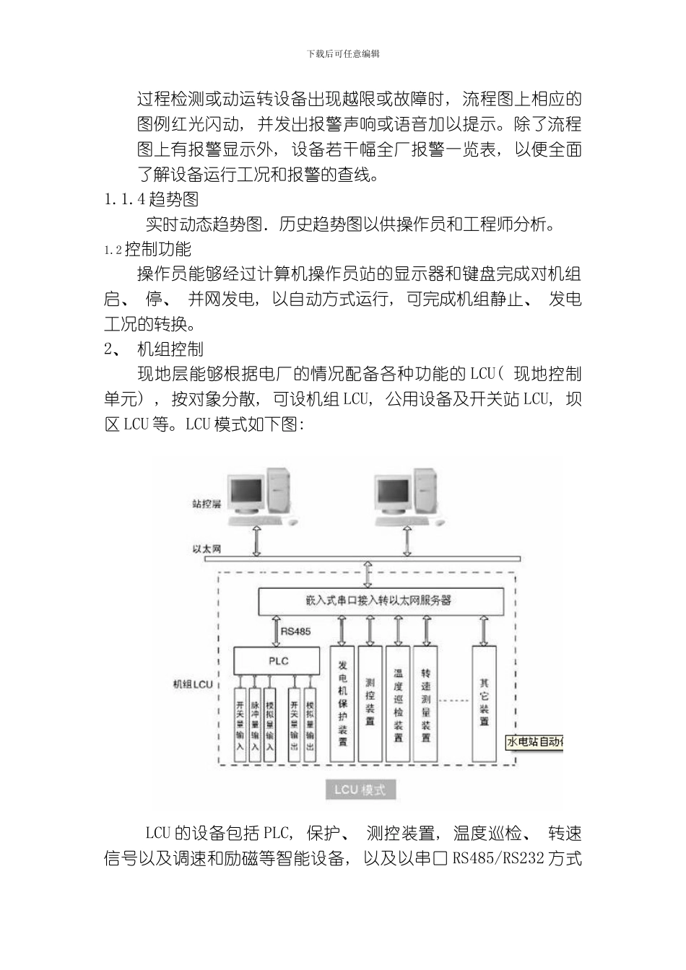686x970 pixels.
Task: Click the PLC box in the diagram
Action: coord(278,661)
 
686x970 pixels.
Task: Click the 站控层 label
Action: coord(206,504)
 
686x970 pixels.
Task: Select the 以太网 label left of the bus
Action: coord(207,549)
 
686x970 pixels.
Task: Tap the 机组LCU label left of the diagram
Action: coord(193,683)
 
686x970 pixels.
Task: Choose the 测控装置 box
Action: coord(370,703)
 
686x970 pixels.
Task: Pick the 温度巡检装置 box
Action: coord(398,703)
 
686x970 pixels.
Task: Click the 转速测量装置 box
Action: coord(425,703)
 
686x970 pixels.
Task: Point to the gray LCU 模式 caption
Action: coord(360,790)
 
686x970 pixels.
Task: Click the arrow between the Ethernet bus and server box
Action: coord(368,574)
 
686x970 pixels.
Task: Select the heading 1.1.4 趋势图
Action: coord(152,198)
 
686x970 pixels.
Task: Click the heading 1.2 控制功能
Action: coord(148,250)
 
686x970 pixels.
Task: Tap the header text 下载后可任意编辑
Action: coord(343,54)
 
